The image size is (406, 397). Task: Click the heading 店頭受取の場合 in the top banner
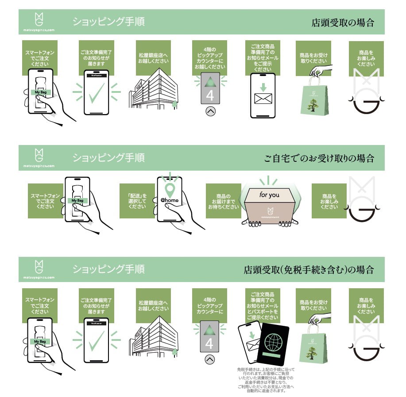[x=343, y=23]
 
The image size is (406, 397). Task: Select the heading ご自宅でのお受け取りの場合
[x=319, y=158]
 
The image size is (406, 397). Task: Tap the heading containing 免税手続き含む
[x=309, y=269]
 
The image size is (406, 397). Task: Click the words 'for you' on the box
[x=270, y=195]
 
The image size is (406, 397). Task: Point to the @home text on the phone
[x=169, y=200]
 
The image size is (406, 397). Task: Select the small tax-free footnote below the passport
[x=266, y=379]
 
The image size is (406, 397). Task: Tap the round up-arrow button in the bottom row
[x=210, y=359]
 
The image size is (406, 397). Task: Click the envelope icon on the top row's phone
[x=263, y=99]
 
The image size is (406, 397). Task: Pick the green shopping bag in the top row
[x=314, y=100]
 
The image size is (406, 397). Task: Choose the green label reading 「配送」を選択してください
[x=136, y=201]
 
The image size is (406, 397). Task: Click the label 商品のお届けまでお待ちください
[x=223, y=201]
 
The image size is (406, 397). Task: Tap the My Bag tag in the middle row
[x=77, y=200]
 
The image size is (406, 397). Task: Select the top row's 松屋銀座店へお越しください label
[x=152, y=58]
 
